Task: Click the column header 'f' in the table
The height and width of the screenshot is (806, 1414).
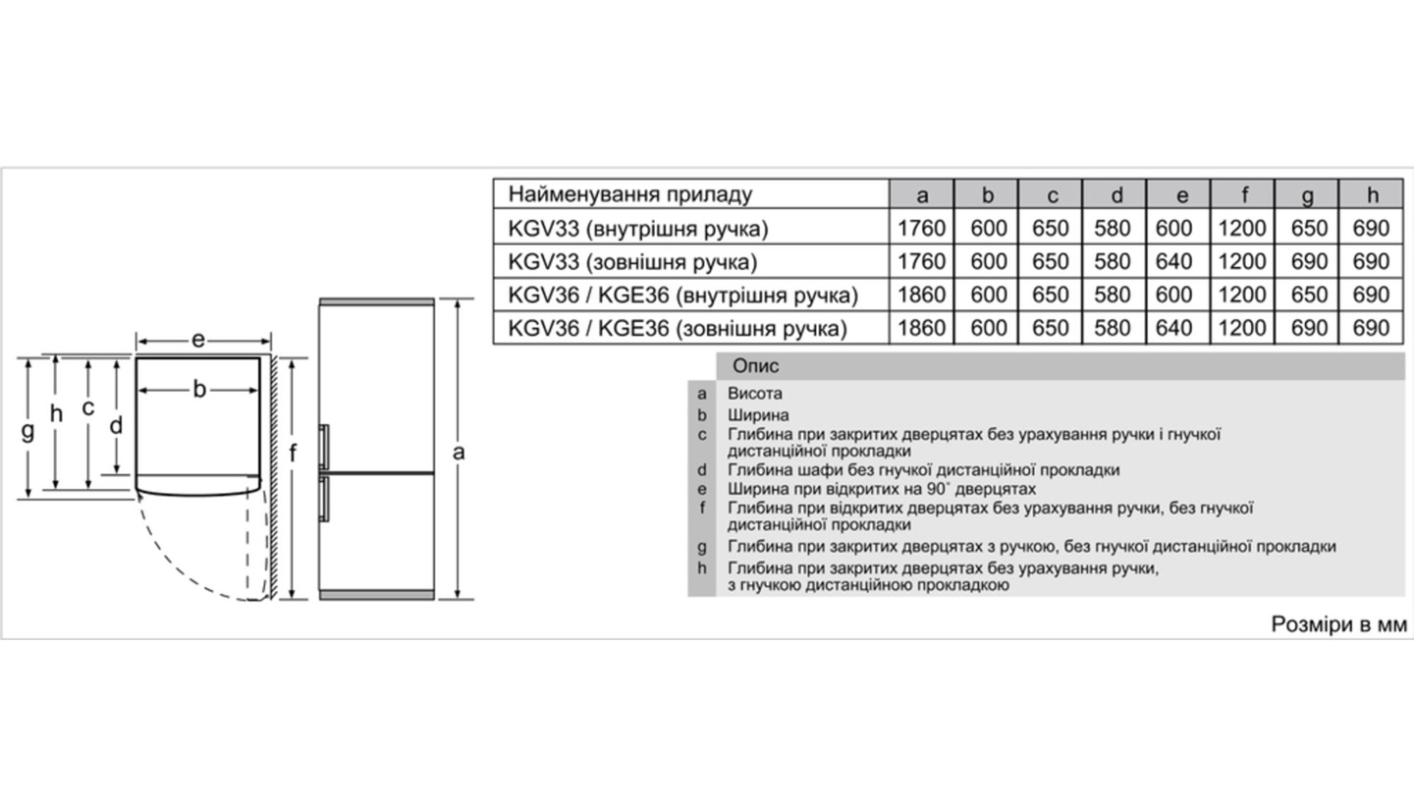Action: (x=1242, y=194)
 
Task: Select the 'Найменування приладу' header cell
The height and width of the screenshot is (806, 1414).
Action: (x=630, y=193)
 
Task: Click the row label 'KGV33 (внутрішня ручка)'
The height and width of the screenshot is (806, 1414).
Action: (x=638, y=229)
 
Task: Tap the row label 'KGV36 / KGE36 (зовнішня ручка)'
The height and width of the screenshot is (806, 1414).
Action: (x=678, y=328)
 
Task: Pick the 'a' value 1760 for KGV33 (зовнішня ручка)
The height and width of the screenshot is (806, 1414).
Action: (x=921, y=262)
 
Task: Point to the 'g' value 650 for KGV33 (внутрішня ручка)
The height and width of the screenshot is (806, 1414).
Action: (x=1308, y=229)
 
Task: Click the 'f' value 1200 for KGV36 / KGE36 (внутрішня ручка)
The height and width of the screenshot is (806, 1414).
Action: (x=1242, y=295)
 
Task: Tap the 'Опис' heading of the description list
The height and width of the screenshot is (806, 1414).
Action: (x=756, y=366)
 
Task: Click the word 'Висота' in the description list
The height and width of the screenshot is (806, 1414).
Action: (x=755, y=394)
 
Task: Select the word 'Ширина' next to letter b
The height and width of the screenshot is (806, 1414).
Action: (x=758, y=415)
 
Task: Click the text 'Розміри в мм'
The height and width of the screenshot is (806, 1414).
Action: (x=1338, y=624)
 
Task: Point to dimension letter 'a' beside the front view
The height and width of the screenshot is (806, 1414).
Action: (x=459, y=452)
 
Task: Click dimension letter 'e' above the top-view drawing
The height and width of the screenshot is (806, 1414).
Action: (x=198, y=340)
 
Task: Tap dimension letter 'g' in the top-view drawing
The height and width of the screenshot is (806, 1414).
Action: (x=27, y=430)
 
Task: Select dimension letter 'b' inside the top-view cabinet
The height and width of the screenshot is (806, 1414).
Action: (x=199, y=390)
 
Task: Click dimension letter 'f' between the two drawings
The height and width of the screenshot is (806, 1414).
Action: (x=292, y=453)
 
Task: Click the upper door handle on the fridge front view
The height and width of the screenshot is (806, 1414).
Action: (x=324, y=447)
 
